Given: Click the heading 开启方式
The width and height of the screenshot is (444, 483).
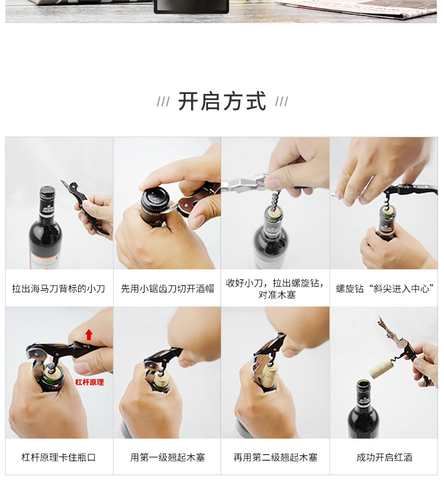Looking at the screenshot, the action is tap(221, 101).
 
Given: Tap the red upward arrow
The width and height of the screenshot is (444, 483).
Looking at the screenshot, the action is tap(89, 335).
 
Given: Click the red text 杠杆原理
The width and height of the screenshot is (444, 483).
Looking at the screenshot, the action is tap(89, 382).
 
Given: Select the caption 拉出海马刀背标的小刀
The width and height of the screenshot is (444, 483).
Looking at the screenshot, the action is tap(58, 288).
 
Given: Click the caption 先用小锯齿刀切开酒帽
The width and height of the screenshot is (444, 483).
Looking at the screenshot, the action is tap(167, 288).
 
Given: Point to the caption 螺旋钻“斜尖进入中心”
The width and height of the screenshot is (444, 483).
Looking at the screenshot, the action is tap(384, 288).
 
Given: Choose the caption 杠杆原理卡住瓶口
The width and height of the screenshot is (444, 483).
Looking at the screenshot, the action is tap(58, 457).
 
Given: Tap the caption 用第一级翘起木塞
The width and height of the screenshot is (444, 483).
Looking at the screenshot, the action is tap(167, 457).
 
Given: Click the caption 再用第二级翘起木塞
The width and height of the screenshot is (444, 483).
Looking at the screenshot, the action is tap(275, 457).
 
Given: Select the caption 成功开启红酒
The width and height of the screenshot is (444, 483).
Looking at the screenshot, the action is tap(384, 457).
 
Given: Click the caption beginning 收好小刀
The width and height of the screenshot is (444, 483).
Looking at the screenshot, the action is tap(275, 288).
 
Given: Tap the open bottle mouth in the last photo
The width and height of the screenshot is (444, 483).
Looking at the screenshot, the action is tap(363, 383).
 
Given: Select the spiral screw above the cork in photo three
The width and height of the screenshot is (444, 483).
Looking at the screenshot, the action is tap(275, 199).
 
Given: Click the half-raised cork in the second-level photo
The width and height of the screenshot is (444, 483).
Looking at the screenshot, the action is tap(269, 375).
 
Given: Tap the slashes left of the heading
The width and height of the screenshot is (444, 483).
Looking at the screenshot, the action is tap(163, 101).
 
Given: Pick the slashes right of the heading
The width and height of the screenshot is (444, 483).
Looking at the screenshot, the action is tap(282, 101).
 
